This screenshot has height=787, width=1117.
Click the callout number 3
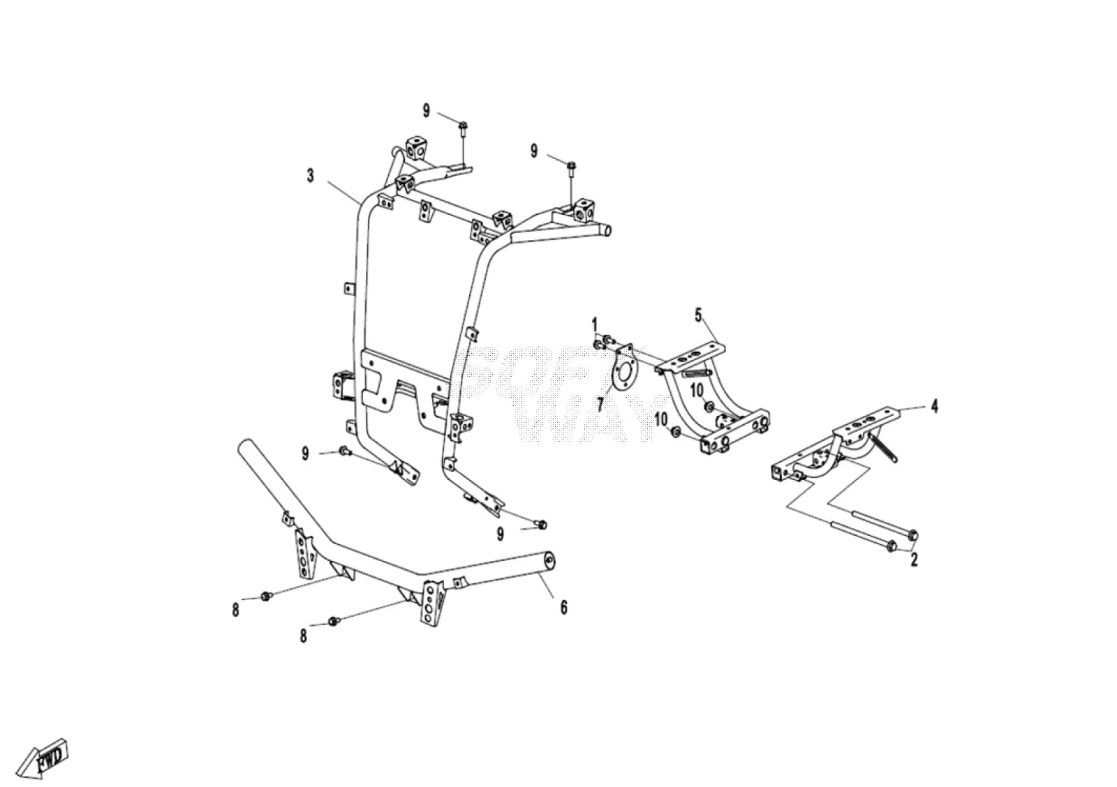(310, 176)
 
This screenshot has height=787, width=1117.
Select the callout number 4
(935, 406)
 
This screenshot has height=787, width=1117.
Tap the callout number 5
(698, 315)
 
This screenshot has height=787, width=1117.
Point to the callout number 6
(563, 607)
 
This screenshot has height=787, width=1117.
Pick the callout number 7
(600, 404)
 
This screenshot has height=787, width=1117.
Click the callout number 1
(594, 326)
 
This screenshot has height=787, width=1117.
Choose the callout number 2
(914, 560)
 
